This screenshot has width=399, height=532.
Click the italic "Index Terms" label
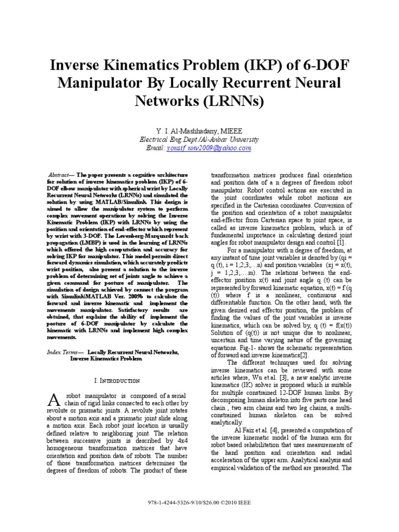tap(61, 352)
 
